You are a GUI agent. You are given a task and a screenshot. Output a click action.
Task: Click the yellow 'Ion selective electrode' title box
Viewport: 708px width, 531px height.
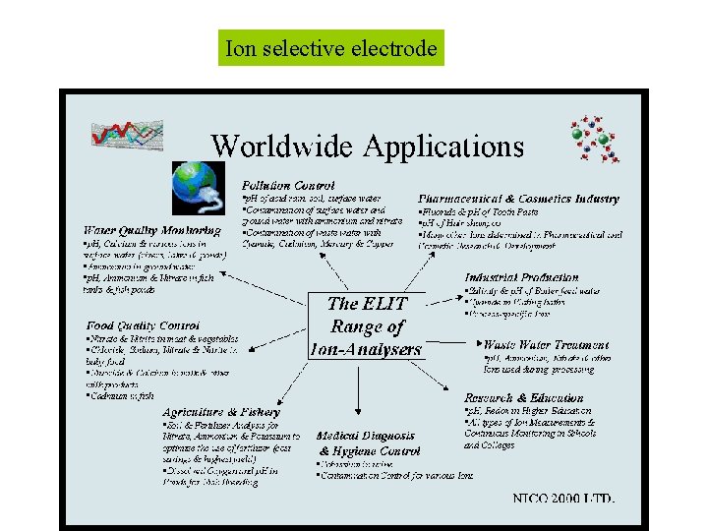[x=330, y=48]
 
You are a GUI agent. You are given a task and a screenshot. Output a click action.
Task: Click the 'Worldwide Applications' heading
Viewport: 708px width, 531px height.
[x=368, y=147]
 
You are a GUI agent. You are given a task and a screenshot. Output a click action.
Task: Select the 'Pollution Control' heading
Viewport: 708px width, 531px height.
[x=288, y=185]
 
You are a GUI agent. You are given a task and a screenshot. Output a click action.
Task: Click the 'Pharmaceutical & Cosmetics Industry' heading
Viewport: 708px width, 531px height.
[x=519, y=199]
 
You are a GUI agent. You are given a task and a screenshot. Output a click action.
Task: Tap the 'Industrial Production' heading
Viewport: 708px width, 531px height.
[x=521, y=277]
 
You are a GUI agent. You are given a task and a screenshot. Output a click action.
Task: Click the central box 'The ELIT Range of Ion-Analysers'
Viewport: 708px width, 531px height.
[x=365, y=325]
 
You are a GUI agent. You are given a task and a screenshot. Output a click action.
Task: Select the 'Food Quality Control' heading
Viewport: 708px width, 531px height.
[x=143, y=324]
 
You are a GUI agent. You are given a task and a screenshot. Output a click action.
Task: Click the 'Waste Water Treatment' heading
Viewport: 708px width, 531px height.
[x=547, y=345]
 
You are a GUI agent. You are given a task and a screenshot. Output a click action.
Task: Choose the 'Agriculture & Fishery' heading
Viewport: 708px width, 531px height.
[x=220, y=411]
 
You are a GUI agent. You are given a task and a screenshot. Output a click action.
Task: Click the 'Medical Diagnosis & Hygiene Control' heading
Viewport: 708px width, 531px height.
[x=368, y=442]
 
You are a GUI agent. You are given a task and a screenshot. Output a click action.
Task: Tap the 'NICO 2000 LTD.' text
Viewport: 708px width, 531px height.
[x=563, y=499]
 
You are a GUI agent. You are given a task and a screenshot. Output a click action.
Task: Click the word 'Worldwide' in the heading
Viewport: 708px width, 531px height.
[x=282, y=147]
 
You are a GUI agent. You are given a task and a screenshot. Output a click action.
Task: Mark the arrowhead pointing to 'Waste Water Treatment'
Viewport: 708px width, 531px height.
[x=487, y=344]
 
